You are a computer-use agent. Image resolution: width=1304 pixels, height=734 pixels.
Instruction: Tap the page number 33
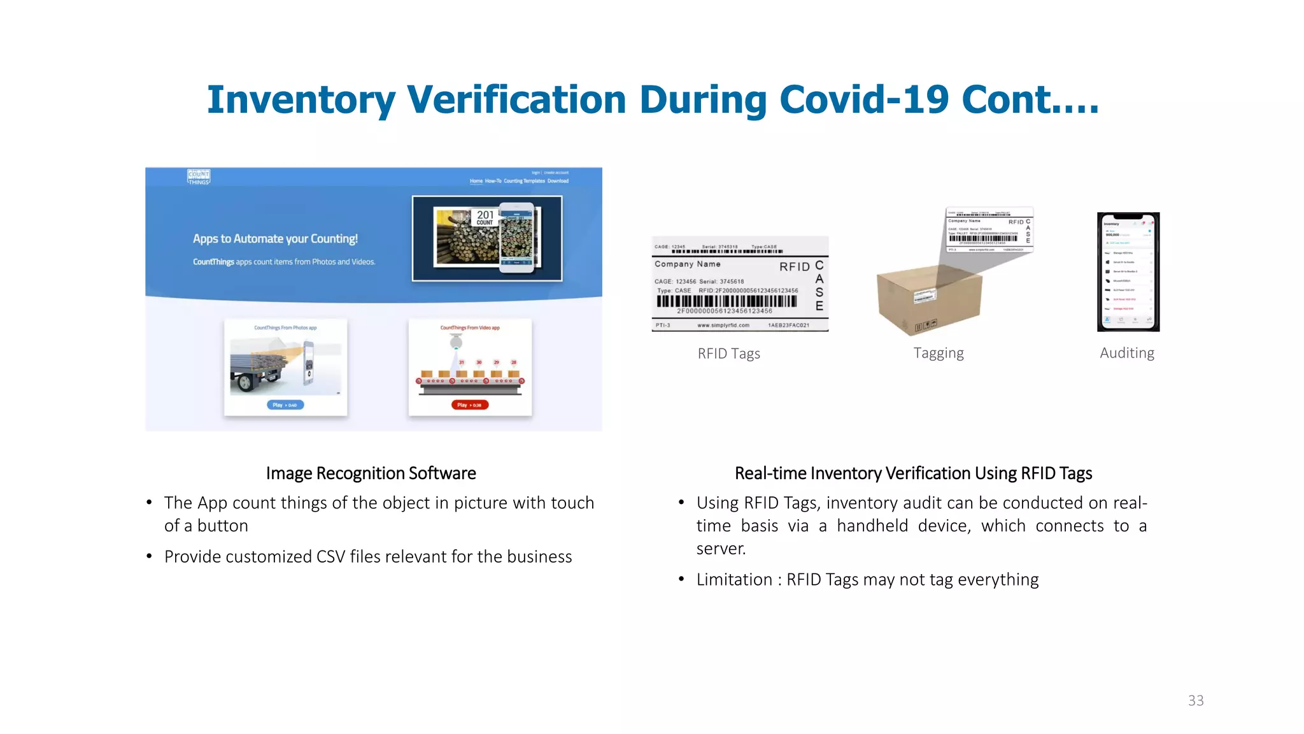click(1196, 700)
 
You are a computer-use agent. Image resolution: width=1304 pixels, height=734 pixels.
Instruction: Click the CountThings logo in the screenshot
click(199, 177)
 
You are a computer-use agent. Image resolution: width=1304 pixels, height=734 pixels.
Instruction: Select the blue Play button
click(285, 405)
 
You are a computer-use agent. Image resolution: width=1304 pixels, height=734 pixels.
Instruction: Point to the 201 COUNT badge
click(485, 217)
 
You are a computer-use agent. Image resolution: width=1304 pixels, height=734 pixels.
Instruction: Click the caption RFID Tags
click(728, 354)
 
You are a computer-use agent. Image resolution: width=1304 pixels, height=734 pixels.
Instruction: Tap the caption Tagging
click(938, 353)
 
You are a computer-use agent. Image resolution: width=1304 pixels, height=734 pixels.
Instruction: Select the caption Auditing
click(1126, 353)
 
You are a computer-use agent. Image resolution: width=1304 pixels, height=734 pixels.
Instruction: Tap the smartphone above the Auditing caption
click(1128, 272)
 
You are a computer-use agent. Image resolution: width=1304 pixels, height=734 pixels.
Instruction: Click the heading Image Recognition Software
click(371, 473)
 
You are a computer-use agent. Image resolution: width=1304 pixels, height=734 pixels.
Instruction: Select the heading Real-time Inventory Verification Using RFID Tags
click(913, 473)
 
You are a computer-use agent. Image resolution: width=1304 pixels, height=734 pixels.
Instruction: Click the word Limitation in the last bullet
click(734, 580)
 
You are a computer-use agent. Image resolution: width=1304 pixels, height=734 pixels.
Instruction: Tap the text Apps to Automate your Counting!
click(275, 239)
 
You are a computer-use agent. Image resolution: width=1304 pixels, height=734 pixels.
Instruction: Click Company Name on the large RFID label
click(688, 264)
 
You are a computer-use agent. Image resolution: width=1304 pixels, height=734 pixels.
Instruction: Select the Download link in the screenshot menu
click(558, 181)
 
